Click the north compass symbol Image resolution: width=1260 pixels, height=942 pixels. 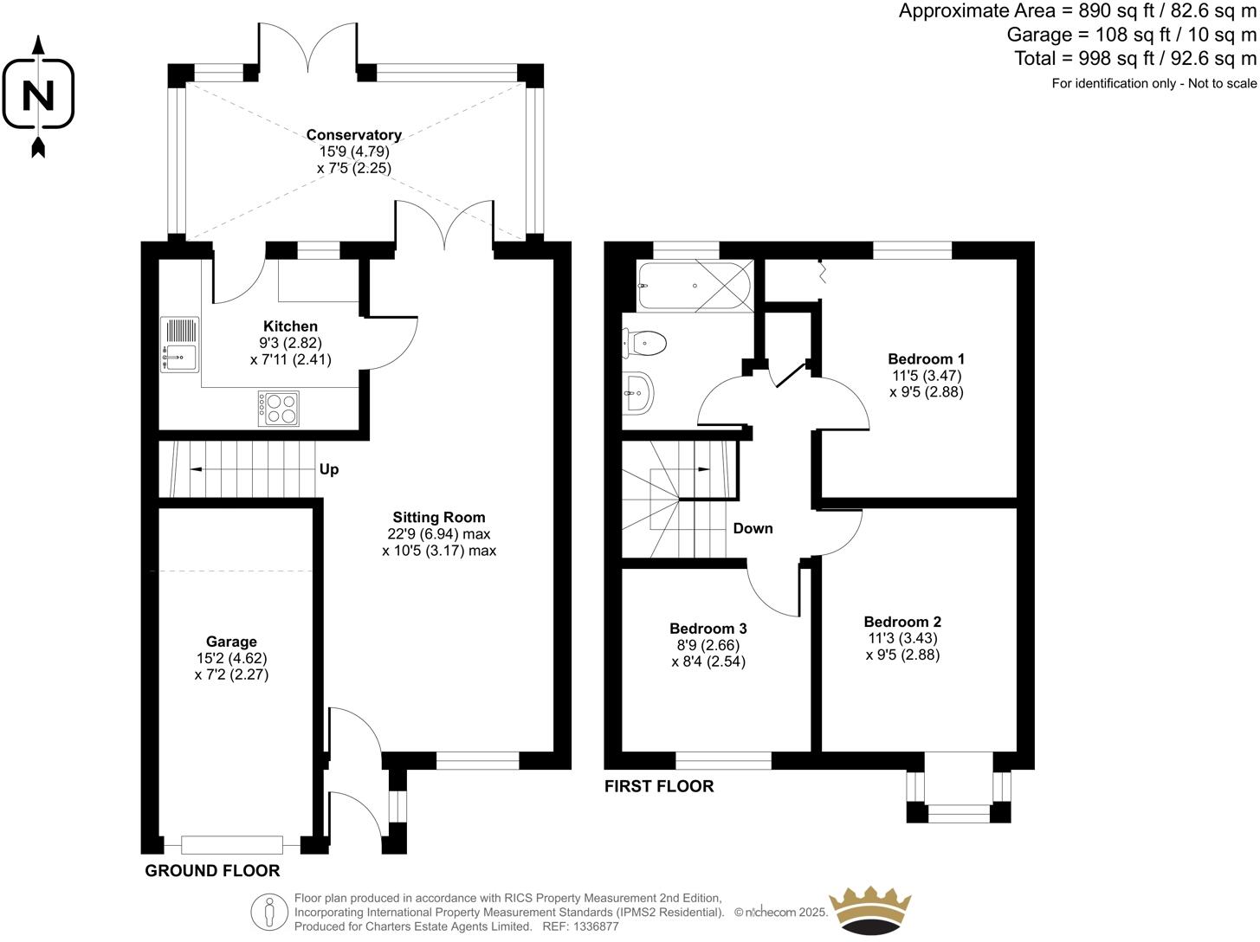(38, 94)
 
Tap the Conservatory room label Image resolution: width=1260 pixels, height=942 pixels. (353, 135)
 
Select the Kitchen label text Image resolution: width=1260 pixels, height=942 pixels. (290, 326)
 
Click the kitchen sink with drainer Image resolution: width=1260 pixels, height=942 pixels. (180, 345)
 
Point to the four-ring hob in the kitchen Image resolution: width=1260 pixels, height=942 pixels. (279, 408)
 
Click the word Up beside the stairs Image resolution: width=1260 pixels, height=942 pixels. (329, 469)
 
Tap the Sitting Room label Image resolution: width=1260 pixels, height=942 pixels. (439, 518)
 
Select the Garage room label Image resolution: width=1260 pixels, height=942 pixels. (231, 642)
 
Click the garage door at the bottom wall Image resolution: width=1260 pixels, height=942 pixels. (232, 845)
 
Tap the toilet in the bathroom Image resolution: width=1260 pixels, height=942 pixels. (644, 343)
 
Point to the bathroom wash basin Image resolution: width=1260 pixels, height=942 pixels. (638, 394)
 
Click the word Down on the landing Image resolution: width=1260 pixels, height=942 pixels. (753, 528)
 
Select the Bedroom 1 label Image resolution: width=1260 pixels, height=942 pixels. (926, 358)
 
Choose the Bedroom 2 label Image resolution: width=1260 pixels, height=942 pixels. (902, 622)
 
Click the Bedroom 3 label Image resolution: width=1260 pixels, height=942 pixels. (708, 629)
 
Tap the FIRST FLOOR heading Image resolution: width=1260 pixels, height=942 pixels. (659, 786)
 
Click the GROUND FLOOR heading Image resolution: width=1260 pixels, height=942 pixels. (212, 871)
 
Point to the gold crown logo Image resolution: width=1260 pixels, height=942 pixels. (870, 912)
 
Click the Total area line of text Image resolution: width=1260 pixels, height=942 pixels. (1134, 59)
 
